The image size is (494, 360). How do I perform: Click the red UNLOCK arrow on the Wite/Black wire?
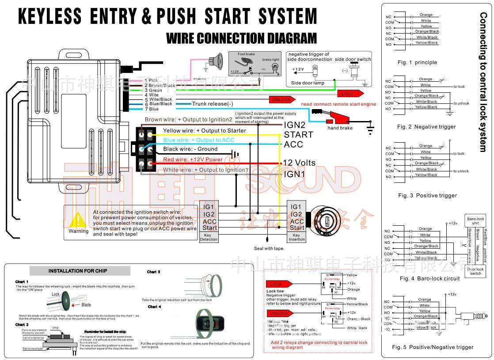[282, 99]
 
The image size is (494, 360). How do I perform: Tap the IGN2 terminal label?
[294, 125]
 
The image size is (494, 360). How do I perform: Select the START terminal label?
[298, 135]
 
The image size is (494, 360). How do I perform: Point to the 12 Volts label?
[299, 163]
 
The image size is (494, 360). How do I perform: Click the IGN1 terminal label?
[294, 174]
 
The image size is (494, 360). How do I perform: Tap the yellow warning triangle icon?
[78, 220]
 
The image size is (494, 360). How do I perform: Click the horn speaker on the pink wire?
[215, 61]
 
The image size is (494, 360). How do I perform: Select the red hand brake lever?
[338, 119]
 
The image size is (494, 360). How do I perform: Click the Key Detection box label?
[209, 237]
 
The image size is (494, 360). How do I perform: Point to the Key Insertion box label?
[296, 237]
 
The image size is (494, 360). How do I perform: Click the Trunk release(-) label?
[213, 104]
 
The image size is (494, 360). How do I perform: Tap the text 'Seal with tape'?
[269, 248]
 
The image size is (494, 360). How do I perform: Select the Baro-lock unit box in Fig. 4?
[475, 221]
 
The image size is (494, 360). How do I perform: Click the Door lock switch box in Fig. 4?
[475, 271]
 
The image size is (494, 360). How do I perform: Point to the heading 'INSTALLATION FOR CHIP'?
[77, 271]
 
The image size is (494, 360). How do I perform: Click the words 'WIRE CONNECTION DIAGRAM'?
[241, 38]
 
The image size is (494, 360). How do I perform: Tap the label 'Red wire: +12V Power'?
[193, 159]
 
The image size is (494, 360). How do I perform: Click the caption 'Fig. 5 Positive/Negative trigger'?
[432, 347]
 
